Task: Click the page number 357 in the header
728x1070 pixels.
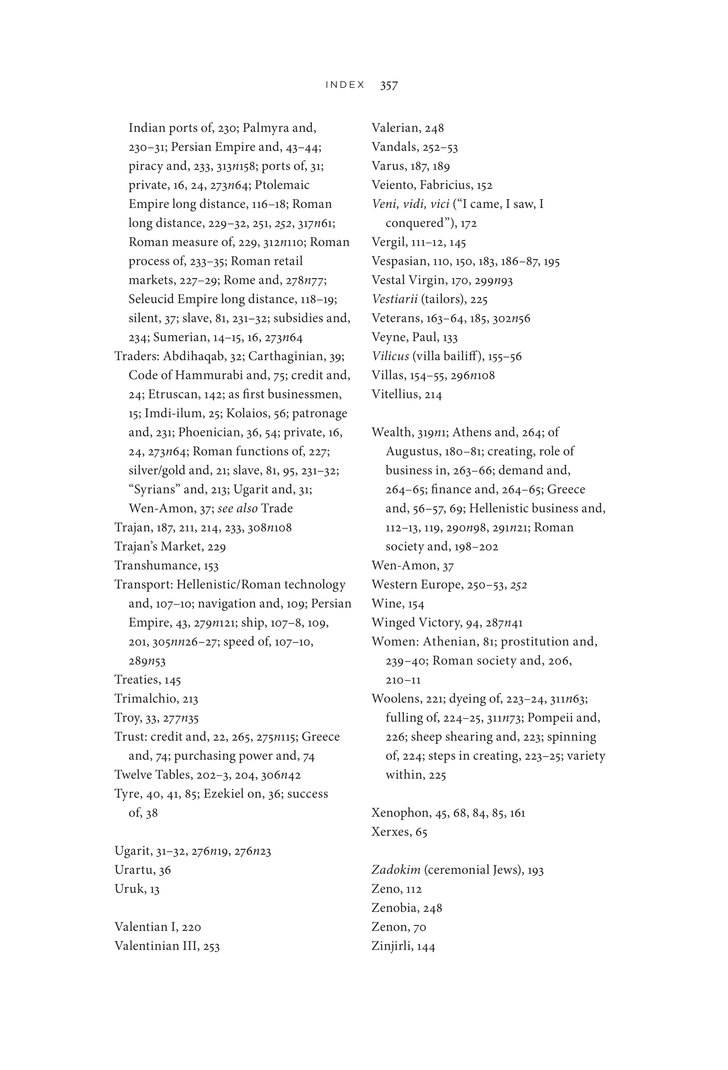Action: tap(389, 85)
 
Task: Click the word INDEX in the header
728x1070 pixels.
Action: tap(345, 85)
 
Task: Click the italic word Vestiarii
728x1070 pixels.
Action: tap(394, 299)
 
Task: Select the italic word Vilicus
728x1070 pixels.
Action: tap(390, 356)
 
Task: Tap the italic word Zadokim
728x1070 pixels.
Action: tap(396, 870)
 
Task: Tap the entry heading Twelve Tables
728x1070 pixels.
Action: tap(153, 775)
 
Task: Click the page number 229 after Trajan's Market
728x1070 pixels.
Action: tap(216, 546)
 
